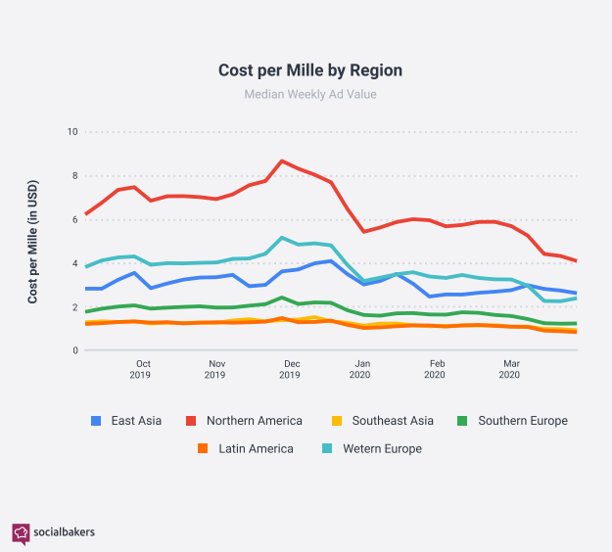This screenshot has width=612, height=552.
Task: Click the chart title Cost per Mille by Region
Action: [309, 70]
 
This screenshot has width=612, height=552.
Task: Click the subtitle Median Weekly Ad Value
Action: [309, 95]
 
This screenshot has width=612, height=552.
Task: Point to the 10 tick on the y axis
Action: [71, 132]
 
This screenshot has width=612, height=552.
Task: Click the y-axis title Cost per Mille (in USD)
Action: [32, 241]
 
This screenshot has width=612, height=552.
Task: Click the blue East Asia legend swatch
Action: [96, 421]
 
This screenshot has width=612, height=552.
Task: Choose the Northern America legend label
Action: [254, 421]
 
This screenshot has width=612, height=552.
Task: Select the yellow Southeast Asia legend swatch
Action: [334, 421]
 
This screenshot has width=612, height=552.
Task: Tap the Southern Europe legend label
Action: [522, 421]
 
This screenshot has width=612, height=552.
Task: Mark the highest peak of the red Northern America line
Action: [282, 161]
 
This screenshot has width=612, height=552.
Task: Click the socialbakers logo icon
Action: [21, 533]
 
